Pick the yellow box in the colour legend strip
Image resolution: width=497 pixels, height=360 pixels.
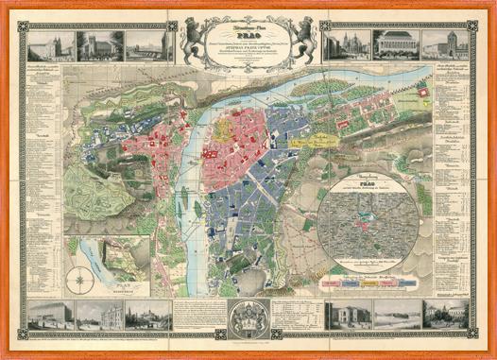pyautogui.click(x=351, y=282)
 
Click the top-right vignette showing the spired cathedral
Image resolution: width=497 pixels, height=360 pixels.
pyautogui.click(x=346, y=44)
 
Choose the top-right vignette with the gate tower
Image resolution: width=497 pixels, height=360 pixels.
pyautogui.click(x=444, y=44)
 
